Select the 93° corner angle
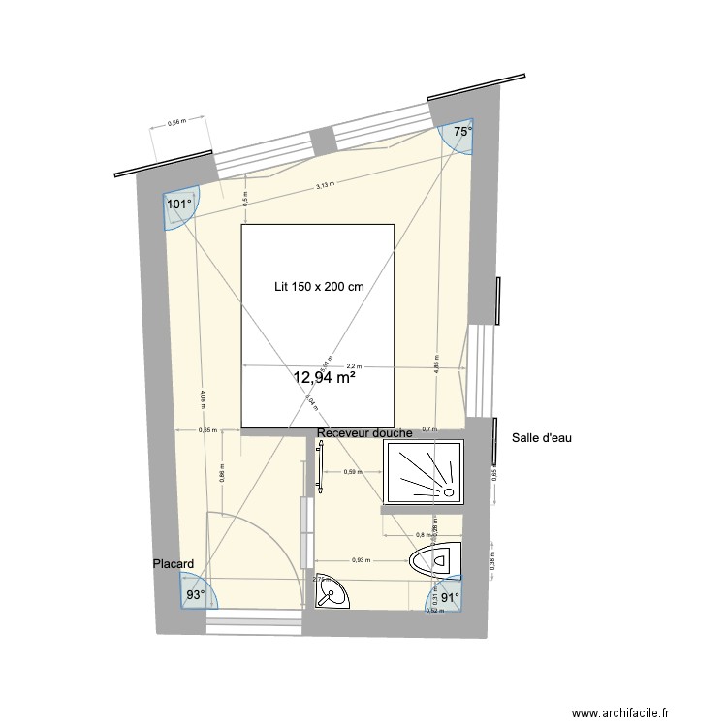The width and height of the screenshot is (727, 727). (196, 594)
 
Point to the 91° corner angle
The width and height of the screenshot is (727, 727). (449, 598)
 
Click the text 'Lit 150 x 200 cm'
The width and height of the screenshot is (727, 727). (319, 287)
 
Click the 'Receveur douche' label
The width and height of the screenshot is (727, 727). (364, 433)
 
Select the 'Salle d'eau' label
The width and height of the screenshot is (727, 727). (542, 438)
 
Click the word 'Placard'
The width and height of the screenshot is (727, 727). (174, 563)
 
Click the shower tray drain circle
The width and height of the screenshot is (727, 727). (449, 492)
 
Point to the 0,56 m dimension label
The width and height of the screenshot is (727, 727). (176, 122)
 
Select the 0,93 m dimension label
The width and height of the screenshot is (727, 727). (361, 560)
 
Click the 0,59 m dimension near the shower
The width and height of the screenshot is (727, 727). (353, 472)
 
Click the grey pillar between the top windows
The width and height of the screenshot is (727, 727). (325, 141)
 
